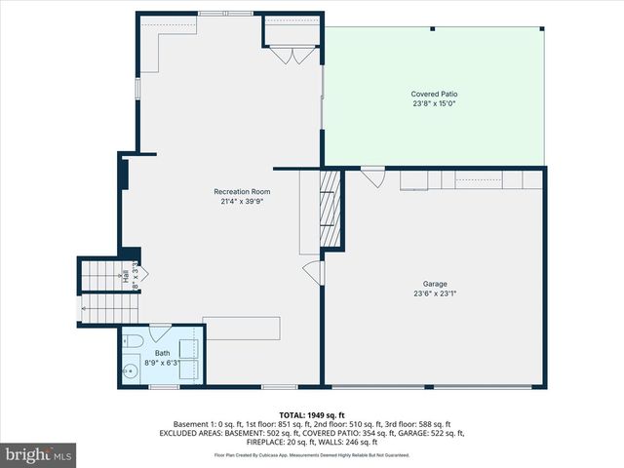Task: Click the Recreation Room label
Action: point(242,191)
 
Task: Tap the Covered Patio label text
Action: point(434,94)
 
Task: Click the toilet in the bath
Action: point(135,341)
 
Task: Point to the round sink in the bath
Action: point(132,370)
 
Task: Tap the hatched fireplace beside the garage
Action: point(331,209)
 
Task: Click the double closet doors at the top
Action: point(290,56)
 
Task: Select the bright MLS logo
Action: point(39,454)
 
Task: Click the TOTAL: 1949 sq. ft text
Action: point(312,415)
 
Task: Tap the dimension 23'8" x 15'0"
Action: point(434,103)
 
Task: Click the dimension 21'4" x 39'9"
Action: point(242,202)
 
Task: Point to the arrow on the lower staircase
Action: point(88,310)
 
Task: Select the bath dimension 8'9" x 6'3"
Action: point(162,363)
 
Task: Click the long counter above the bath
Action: point(242,328)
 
